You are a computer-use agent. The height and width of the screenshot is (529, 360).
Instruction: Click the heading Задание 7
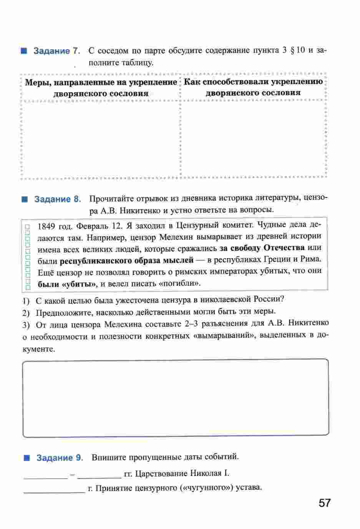56,51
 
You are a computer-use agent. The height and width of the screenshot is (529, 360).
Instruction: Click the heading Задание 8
58,199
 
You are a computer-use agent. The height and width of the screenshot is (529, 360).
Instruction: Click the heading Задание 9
60,458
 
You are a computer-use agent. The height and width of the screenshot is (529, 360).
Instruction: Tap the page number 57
324,503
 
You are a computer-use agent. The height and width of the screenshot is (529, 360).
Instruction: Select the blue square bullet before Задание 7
24,51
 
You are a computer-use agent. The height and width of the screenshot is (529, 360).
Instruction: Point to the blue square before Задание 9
27,458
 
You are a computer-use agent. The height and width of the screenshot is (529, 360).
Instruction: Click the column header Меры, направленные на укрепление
101,82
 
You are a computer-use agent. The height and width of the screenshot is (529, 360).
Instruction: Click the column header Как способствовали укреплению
253,82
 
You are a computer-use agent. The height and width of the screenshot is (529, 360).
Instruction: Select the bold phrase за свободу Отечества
262,248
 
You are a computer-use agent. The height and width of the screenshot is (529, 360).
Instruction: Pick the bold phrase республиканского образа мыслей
127,260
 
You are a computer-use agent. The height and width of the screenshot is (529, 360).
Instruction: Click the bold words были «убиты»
66,285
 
